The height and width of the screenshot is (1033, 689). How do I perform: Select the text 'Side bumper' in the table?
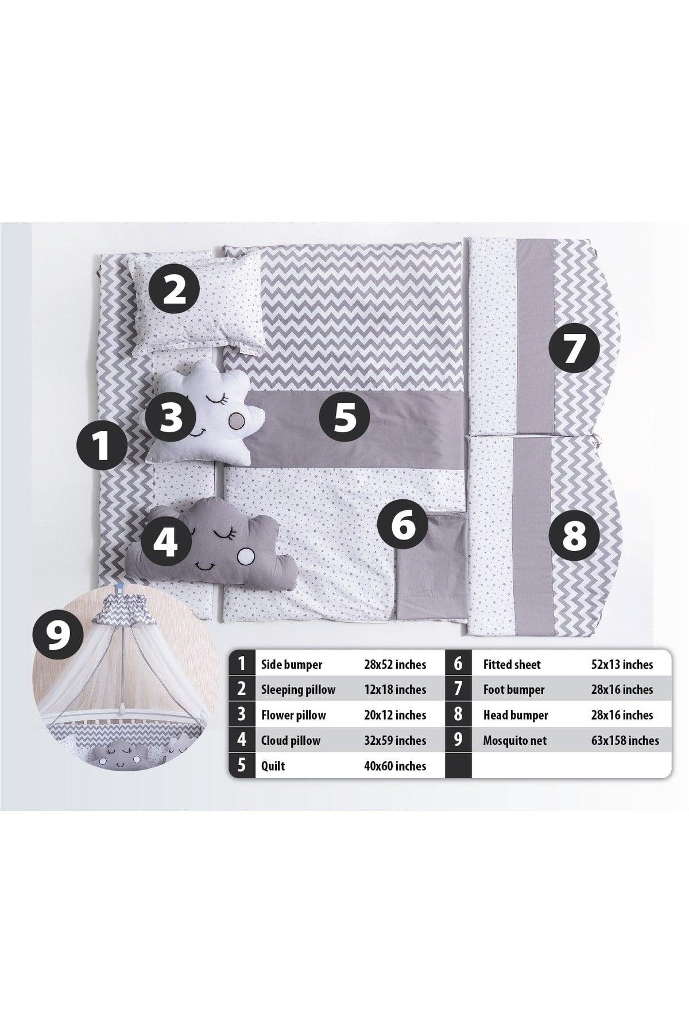tap(291, 665)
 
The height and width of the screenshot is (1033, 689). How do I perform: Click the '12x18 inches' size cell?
tap(395, 690)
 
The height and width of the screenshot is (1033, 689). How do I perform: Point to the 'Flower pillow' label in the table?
tap(293, 715)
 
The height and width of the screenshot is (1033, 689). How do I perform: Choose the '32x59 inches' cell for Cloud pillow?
tap(395, 740)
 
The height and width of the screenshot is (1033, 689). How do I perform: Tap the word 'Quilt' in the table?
tap(273, 766)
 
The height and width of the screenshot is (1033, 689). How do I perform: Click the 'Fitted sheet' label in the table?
tap(512, 665)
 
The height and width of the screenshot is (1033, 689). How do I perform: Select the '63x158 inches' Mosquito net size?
tap(625, 740)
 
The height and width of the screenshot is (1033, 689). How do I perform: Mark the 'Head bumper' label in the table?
tap(516, 715)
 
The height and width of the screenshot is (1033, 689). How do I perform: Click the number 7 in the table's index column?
tap(458, 690)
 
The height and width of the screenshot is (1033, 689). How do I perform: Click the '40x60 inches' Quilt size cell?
tap(395, 766)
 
